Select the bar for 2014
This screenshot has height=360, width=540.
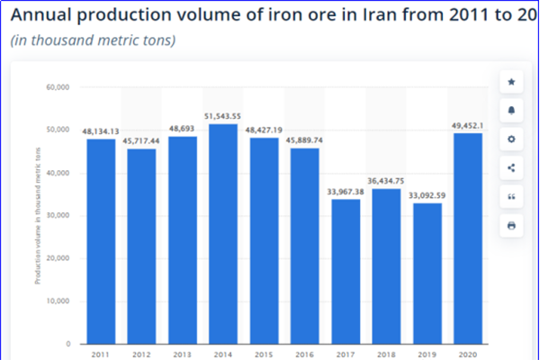tap(223, 234)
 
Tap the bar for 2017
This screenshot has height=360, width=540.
tap(346, 271)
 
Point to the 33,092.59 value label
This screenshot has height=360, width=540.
tap(427, 196)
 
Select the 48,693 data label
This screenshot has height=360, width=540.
tap(183, 129)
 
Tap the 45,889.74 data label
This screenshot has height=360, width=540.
tap(305, 141)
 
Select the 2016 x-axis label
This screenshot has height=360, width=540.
tap(305, 355)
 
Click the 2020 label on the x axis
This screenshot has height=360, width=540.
tap(468, 355)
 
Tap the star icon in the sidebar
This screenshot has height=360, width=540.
tap(511, 82)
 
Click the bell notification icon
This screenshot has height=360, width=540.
tap(511, 111)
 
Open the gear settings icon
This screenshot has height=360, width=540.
tap(511, 139)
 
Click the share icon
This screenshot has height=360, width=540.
tap(511, 167)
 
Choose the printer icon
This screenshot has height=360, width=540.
tap(511, 225)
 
